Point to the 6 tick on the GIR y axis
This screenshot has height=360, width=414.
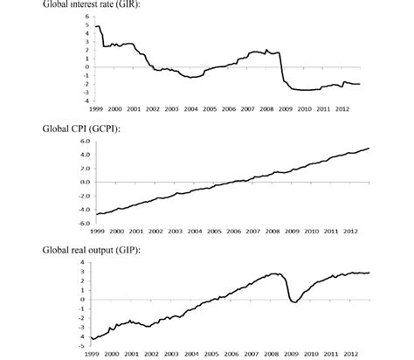pyautogui.click(x=86, y=17)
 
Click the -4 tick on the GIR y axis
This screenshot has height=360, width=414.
pyautogui.click(x=85, y=100)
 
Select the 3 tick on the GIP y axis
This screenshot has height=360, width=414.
pyautogui.click(x=86, y=272)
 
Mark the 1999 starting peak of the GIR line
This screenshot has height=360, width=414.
pyautogui.click(x=94, y=25)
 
